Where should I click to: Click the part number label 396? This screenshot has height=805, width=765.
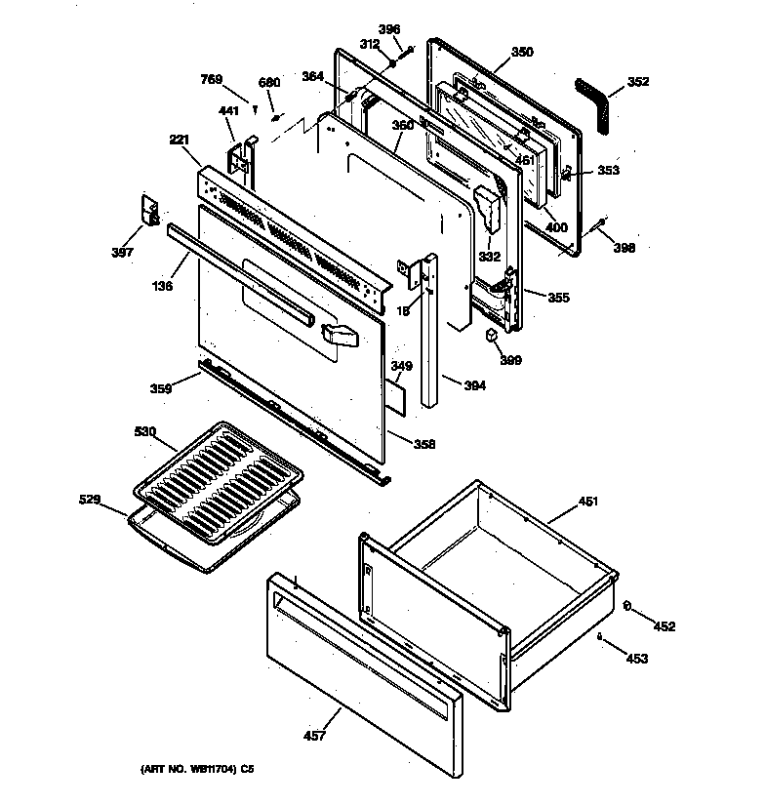click(x=389, y=29)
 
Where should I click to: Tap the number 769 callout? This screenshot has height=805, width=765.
click(x=212, y=79)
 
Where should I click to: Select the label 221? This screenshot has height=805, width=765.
click(x=178, y=141)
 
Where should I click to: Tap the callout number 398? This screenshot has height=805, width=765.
click(x=623, y=248)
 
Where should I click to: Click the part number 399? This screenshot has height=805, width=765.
click(x=509, y=360)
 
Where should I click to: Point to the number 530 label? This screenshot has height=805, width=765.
click(x=144, y=430)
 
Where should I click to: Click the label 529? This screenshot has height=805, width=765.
click(x=90, y=500)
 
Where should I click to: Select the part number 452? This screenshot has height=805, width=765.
click(x=664, y=626)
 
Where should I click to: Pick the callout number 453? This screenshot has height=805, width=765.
click(x=636, y=660)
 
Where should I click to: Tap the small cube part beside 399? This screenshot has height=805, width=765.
click(x=491, y=336)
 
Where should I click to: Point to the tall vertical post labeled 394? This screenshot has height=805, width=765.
click(x=428, y=332)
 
